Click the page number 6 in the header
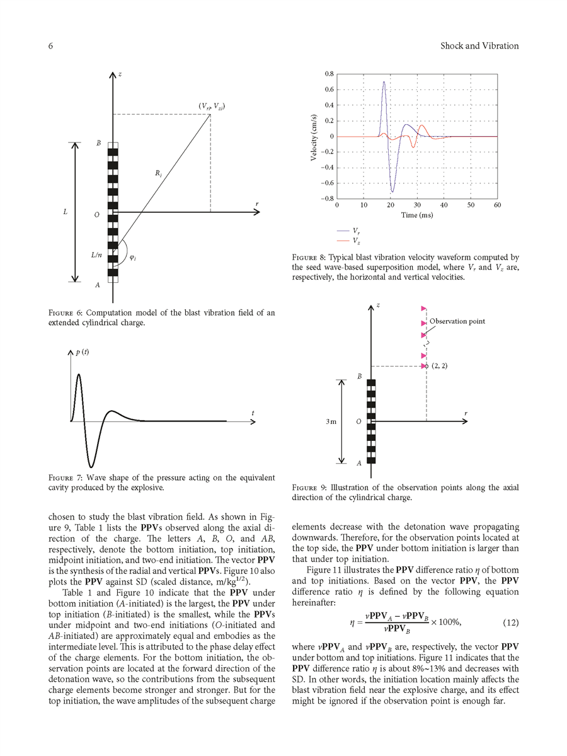coord(50,46)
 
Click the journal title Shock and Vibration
coord(479,46)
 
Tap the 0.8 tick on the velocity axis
coord(329,74)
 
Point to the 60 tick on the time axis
coord(497,205)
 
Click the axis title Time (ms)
coord(416,215)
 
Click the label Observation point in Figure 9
coord(457,321)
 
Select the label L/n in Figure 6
coord(96,255)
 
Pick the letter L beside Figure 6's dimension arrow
coord(66,212)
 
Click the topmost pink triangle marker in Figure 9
coord(424,308)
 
